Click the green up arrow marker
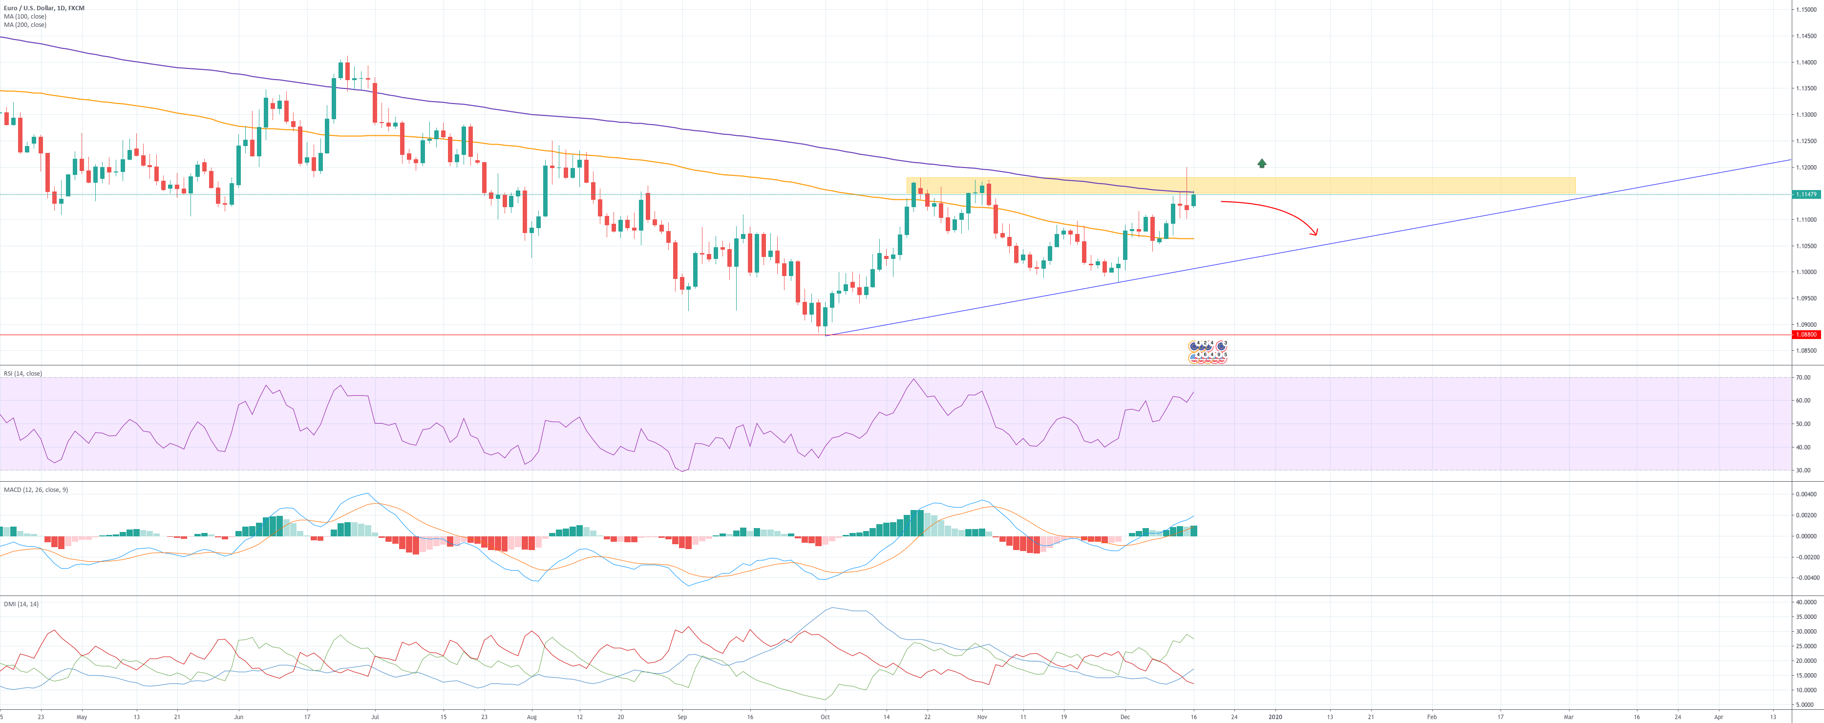(1262, 164)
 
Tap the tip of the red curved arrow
(1316, 234)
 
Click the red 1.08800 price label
(1805, 334)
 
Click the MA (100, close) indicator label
(25, 16)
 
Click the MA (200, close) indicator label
(25, 25)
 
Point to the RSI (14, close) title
(22, 373)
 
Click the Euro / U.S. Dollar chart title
(44, 8)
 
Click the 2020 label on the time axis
(1274, 717)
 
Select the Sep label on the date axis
(682, 717)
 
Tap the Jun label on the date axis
(238, 717)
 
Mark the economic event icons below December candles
(1207, 352)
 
